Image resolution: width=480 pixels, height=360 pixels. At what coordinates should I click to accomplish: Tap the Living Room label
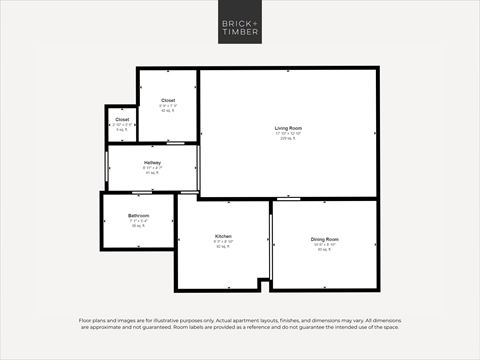[x=289, y=128]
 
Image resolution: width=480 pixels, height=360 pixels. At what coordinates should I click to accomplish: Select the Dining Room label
[x=324, y=239]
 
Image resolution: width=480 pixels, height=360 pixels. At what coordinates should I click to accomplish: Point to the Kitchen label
[x=223, y=237]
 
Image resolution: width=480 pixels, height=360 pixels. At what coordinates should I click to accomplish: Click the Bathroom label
[x=138, y=216]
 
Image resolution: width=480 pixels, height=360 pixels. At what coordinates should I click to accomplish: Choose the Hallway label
[x=152, y=162]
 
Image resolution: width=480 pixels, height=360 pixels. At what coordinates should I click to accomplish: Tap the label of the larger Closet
[x=167, y=100]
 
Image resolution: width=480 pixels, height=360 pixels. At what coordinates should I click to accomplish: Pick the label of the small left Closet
[x=122, y=119]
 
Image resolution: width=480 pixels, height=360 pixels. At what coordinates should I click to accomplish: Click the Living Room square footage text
[x=289, y=138]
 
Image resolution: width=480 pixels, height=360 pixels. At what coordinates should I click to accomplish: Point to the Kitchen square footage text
[x=223, y=247]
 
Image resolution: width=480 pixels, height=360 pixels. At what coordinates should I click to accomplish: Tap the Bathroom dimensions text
[x=138, y=221]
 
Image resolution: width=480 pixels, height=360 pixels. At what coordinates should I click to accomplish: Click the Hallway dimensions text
[x=152, y=167]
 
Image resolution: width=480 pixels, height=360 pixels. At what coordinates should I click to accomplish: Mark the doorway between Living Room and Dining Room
[x=289, y=199]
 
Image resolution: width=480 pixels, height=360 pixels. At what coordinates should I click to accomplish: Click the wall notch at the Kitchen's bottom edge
[x=264, y=285]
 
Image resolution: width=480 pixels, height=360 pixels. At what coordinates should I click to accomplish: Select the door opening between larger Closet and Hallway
[x=167, y=143]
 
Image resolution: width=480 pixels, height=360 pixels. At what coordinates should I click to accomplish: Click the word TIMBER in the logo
[x=240, y=33]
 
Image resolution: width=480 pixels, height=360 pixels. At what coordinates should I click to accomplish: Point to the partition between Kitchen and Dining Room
[x=271, y=245]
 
